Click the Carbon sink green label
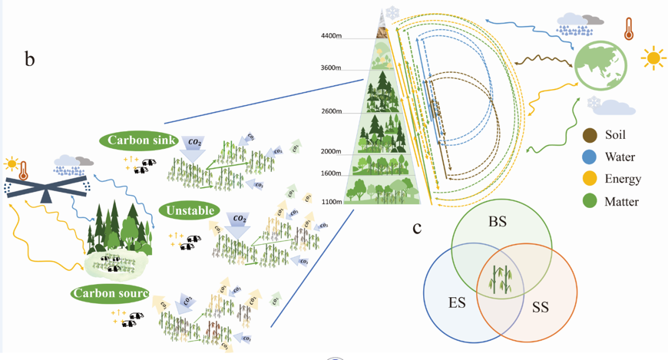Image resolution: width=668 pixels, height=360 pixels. tap(139, 140)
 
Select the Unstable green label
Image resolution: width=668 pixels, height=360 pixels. tap(188, 210)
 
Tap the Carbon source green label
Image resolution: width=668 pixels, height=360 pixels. tap(109, 293)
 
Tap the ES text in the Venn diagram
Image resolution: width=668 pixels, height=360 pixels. tap(457, 302)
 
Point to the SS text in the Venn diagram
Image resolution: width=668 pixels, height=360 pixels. tap(541, 307)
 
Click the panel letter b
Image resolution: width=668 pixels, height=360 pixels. tap(30, 58)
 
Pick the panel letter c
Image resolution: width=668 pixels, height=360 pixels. tap(417, 227)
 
